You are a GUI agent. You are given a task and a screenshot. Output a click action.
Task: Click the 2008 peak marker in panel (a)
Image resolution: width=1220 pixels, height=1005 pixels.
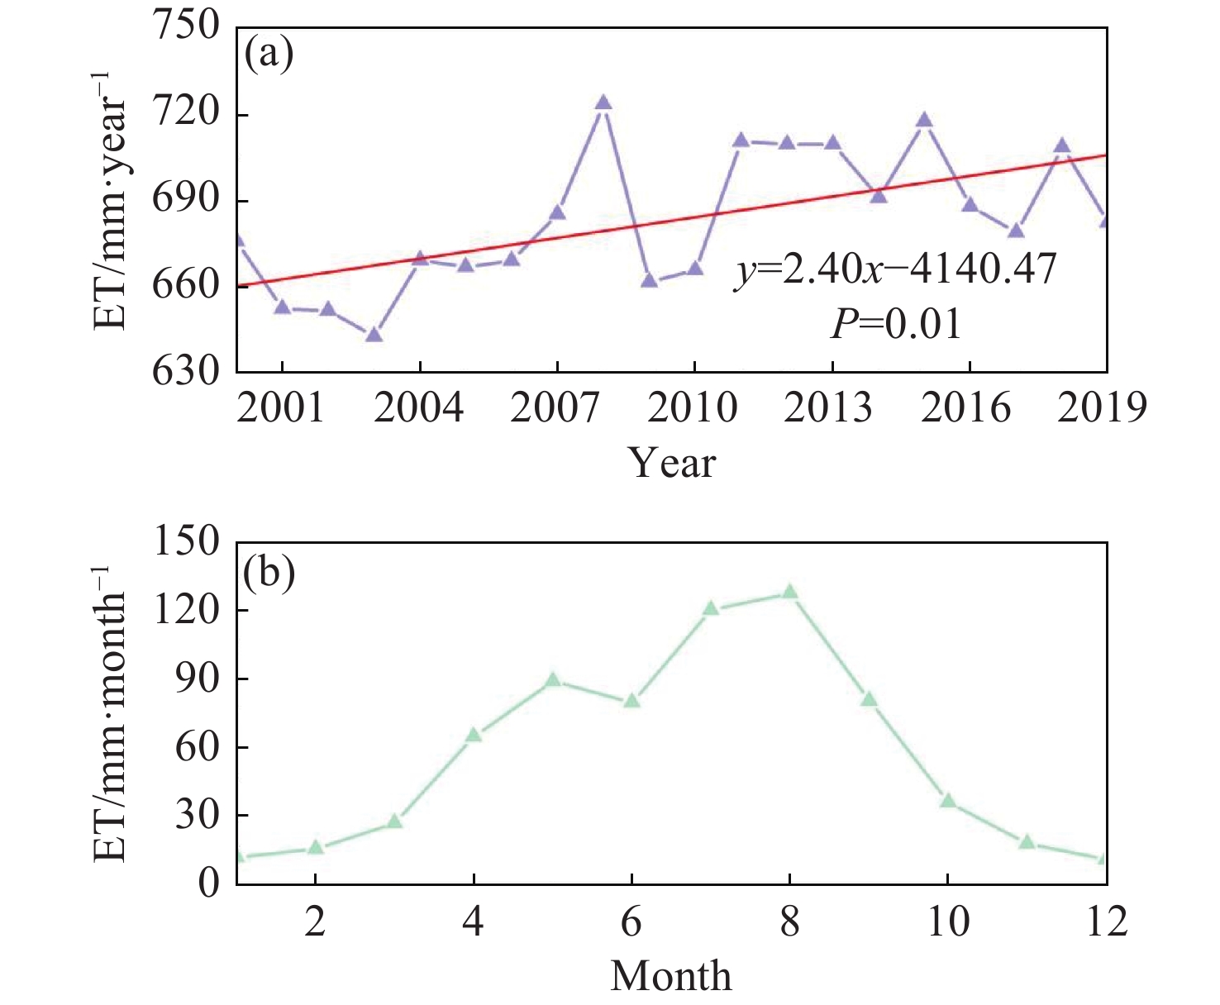click(x=603, y=102)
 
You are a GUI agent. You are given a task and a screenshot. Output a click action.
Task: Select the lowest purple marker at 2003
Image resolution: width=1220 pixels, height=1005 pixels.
click(x=374, y=335)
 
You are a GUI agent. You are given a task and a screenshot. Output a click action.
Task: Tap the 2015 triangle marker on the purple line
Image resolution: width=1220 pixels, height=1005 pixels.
click(x=924, y=121)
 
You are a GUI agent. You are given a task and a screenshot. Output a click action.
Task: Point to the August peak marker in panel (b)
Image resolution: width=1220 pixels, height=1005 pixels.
click(x=790, y=592)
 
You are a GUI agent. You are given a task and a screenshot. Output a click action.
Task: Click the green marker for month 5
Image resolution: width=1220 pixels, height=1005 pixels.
click(x=553, y=680)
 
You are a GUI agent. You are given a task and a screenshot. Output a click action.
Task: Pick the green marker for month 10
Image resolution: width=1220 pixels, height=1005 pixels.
click(x=948, y=800)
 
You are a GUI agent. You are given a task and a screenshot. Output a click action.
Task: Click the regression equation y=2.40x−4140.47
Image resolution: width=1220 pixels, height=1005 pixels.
click(x=896, y=269)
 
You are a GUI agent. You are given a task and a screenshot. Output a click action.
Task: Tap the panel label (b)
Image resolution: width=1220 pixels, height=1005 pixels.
click(x=269, y=574)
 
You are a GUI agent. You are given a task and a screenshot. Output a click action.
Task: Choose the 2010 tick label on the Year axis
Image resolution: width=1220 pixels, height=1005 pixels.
click(x=693, y=408)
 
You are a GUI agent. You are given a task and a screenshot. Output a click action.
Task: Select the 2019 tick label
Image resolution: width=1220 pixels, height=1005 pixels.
click(x=1103, y=408)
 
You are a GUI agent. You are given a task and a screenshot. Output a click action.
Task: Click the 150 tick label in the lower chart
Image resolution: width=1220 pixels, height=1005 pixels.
click(x=188, y=544)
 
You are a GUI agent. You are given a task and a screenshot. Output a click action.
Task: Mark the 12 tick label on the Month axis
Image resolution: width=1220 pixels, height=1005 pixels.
click(x=1106, y=922)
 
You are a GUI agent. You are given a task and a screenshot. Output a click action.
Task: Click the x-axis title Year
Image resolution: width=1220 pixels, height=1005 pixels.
click(x=671, y=463)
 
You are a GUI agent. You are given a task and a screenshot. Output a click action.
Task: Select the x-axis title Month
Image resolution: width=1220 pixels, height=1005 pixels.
click(x=671, y=976)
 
